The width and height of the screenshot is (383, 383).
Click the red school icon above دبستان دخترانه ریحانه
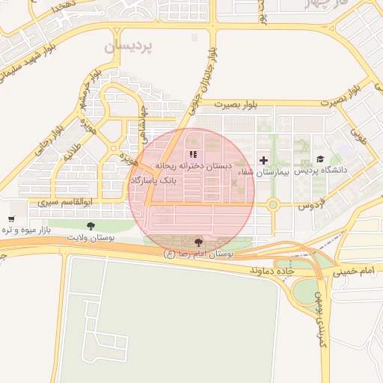193,154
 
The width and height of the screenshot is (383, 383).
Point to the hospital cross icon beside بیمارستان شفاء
263,160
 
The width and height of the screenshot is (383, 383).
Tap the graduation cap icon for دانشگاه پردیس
320,159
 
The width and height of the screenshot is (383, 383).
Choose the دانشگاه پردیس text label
321,171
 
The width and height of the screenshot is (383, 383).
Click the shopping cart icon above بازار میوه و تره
11,220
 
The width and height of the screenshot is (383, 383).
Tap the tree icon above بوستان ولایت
91,225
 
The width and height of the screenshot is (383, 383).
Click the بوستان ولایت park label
89,237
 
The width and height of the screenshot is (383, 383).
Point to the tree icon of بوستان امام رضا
198,242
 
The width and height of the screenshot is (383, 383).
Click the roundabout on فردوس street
273,204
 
